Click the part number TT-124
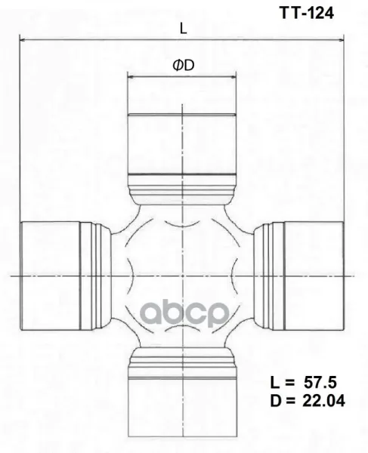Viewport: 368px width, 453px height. click(x=307, y=13)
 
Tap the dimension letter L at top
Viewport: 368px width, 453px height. click(x=184, y=29)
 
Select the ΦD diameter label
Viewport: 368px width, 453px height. click(x=184, y=65)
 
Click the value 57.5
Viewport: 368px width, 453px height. click(x=320, y=383)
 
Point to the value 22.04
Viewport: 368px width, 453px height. click(x=323, y=401)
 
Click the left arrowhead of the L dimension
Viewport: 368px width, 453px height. click(x=22, y=40)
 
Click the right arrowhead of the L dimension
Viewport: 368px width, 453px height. click(x=341, y=40)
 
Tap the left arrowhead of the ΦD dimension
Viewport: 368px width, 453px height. click(x=130, y=77)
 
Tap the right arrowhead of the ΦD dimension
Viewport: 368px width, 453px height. click(x=233, y=77)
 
